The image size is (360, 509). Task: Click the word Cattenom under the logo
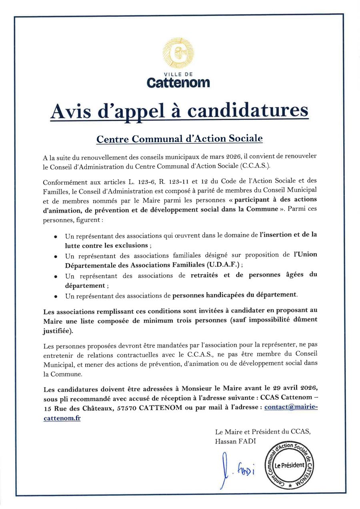pos(178,83)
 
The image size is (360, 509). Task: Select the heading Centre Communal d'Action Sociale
pos(180,139)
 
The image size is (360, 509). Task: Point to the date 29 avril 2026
pos(292,388)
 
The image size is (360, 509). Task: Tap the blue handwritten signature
pos(236,470)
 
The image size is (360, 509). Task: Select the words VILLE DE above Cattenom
pos(178,74)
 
